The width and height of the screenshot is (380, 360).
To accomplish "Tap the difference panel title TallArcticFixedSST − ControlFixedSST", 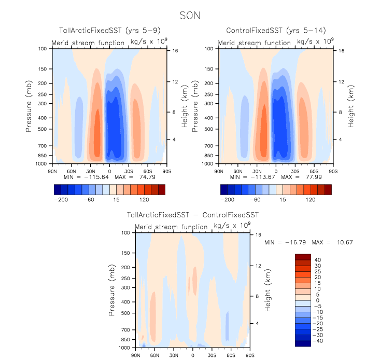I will point(192,215).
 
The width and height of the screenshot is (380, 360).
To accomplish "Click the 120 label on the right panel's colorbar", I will point(312,199).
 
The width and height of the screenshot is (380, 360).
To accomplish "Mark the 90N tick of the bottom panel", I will point(136,355).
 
